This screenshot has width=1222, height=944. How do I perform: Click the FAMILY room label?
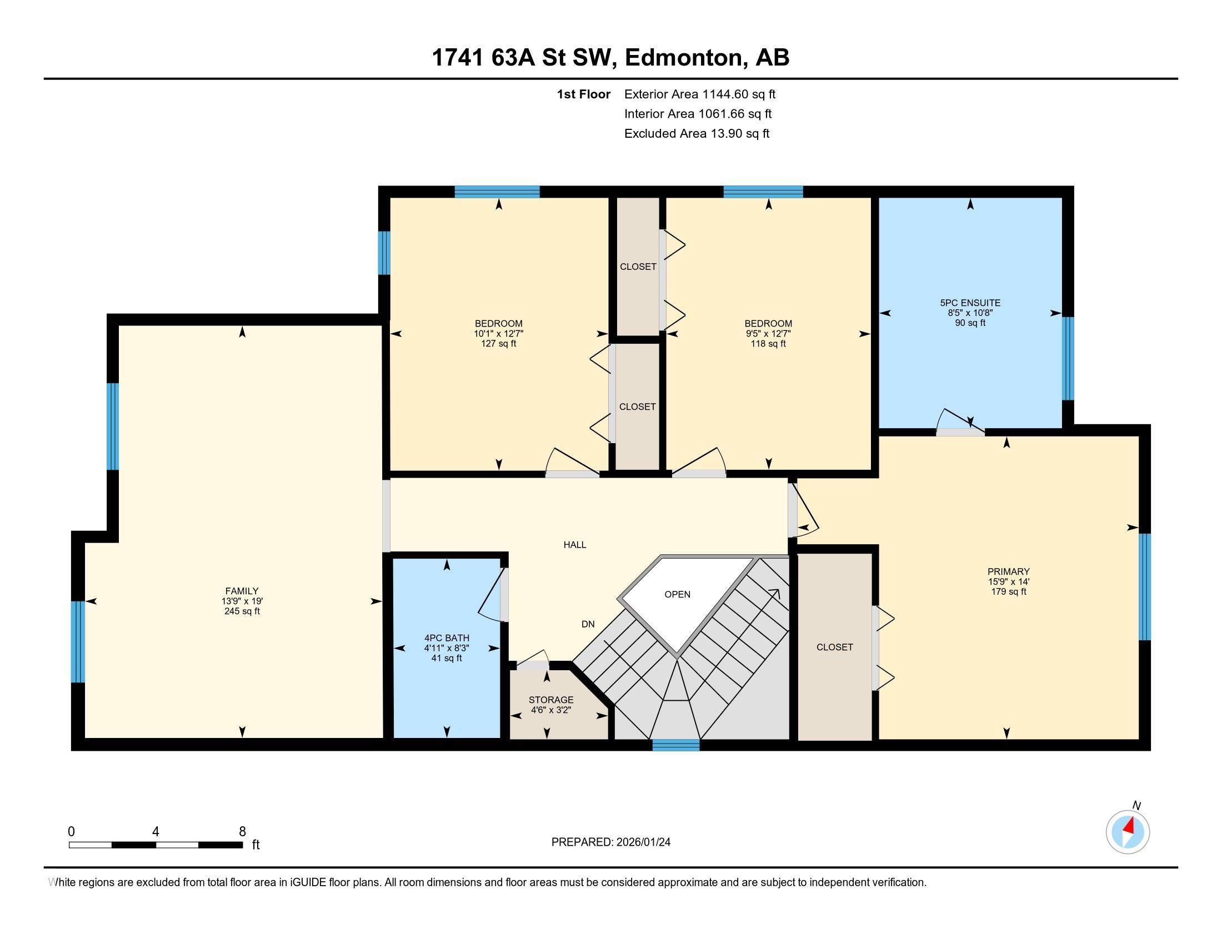pyautogui.click(x=242, y=591)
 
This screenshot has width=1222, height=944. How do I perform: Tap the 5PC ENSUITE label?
pyautogui.click(x=970, y=303)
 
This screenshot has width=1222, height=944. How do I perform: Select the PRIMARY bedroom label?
pyautogui.click(x=1008, y=571)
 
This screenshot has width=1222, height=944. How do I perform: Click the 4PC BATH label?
pyautogui.click(x=447, y=637)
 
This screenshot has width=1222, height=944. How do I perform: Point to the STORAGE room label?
pyautogui.click(x=550, y=700)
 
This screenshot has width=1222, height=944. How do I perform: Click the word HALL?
pyautogui.click(x=575, y=545)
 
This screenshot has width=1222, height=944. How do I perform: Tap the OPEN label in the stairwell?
pyautogui.click(x=677, y=594)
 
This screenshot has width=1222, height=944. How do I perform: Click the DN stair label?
pyautogui.click(x=588, y=624)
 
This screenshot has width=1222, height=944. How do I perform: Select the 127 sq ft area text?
pyautogui.click(x=499, y=343)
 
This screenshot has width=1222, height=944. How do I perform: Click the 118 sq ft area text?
pyautogui.click(x=768, y=343)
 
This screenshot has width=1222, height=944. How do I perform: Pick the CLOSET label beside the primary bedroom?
pyautogui.click(x=834, y=647)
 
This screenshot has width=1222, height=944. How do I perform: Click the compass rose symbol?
pyautogui.click(x=1128, y=832)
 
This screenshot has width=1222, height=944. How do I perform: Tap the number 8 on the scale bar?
pyautogui.click(x=242, y=832)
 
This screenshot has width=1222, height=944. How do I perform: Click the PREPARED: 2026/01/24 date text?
pyautogui.click(x=610, y=842)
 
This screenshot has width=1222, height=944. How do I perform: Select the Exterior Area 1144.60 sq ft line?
pyautogui.click(x=699, y=94)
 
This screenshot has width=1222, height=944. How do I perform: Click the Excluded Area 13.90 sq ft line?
pyautogui.click(x=697, y=133)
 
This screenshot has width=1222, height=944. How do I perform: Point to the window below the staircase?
pyautogui.click(x=676, y=744)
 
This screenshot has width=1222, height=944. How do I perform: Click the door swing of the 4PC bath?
pyautogui.click(x=492, y=596)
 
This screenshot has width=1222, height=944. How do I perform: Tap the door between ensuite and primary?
pyautogui.click(x=960, y=427)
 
